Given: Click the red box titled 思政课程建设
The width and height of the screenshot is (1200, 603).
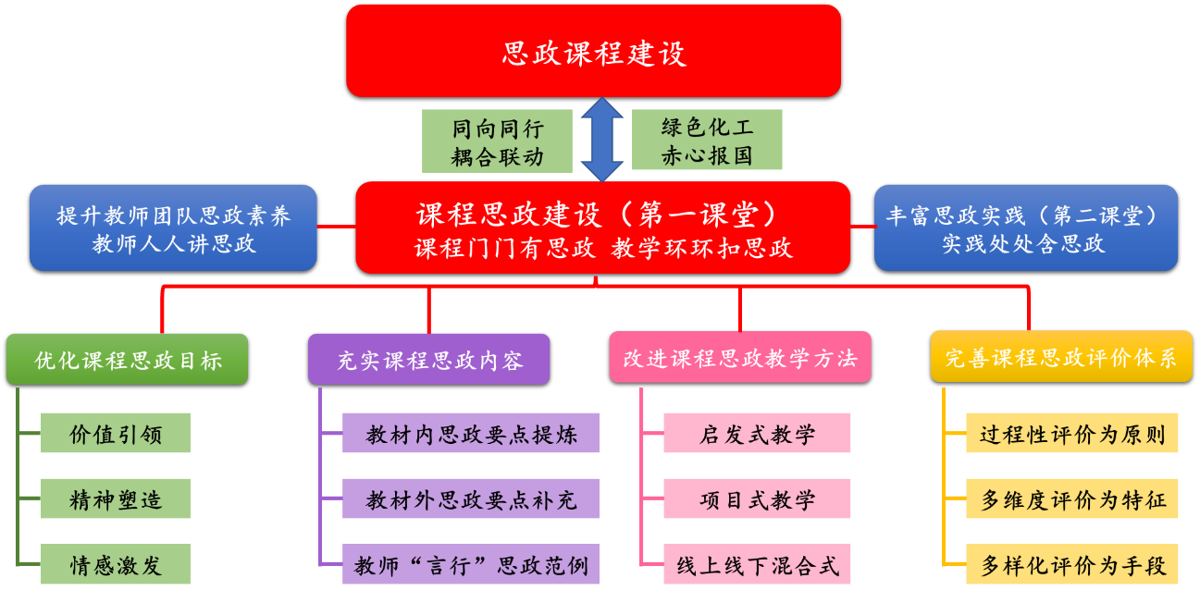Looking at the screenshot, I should click(593, 51).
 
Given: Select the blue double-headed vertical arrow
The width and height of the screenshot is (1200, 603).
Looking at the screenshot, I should click(602, 140).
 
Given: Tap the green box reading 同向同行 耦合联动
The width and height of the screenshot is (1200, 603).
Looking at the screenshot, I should click(497, 142).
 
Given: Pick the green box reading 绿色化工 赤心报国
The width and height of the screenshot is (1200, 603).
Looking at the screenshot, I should click(707, 140).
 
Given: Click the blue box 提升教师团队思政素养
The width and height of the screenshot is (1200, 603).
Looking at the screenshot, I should click(173, 228).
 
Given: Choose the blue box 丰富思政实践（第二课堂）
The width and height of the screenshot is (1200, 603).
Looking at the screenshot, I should click(1025, 228).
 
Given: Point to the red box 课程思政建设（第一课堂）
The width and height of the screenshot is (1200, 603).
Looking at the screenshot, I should click(602, 228).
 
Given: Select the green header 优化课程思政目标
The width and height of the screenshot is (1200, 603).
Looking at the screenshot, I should click(128, 359).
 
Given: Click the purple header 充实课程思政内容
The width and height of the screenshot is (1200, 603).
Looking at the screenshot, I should click(428, 359).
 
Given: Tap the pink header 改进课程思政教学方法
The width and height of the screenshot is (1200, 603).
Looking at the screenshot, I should click(739, 357).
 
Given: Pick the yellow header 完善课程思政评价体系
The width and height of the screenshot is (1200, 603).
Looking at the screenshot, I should click(1060, 357).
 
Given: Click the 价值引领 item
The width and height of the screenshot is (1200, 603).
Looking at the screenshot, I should click(116, 433).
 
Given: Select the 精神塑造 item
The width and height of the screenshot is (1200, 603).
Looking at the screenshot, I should click(116, 498).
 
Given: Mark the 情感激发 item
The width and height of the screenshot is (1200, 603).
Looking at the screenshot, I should click(116, 564).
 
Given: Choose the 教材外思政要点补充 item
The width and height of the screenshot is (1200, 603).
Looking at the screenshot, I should click(471, 498).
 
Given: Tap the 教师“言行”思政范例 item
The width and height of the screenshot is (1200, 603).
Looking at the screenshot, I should click(471, 564).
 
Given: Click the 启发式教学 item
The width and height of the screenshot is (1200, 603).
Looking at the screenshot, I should click(757, 433).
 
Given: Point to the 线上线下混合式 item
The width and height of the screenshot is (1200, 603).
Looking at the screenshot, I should click(757, 564).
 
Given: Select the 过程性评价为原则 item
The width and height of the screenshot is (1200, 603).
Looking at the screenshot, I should click(1072, 433).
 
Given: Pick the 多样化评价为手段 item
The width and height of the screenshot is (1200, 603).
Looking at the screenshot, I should click(1072, 564).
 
